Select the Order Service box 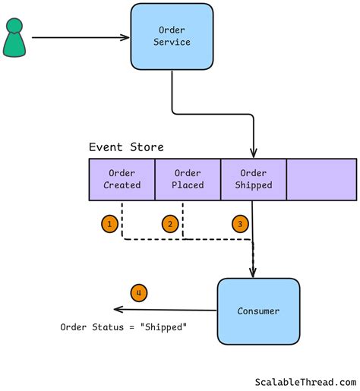pos(172,36)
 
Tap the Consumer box pos(257,311)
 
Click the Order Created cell pos(122,179)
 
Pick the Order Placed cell pos(188,179)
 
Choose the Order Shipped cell pos(253,179)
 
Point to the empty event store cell pos(321,179)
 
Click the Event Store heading pos(126,147)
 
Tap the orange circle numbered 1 pos(110,224)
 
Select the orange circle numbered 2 pos(170,224)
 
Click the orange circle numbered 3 pos(240,224)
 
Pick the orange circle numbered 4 pos(138,292)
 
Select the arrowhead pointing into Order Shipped pos(253,153)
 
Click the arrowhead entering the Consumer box pos(253,273)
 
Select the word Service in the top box pos(172,43)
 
